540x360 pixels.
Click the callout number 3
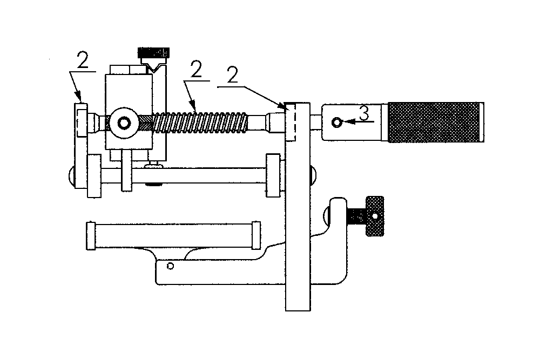point(364,113)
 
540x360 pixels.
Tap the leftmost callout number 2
point(83,60)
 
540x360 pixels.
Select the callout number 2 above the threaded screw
point(196,69)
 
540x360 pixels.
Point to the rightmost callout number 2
point(232,74)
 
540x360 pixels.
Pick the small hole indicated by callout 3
point(337,122)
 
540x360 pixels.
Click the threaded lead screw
point(200,123)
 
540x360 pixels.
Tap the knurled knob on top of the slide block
point(153,53)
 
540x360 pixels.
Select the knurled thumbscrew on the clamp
point(375,216)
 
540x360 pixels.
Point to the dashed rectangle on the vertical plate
point(290,122)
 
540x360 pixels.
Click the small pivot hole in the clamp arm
point(170,266)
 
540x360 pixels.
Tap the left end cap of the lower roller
point(91,236)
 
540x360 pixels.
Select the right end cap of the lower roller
point(256,235)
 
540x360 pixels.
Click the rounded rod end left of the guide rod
point(72,176)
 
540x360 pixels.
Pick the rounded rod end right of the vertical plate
point(313,175)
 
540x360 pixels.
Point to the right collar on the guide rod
point(273,175)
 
